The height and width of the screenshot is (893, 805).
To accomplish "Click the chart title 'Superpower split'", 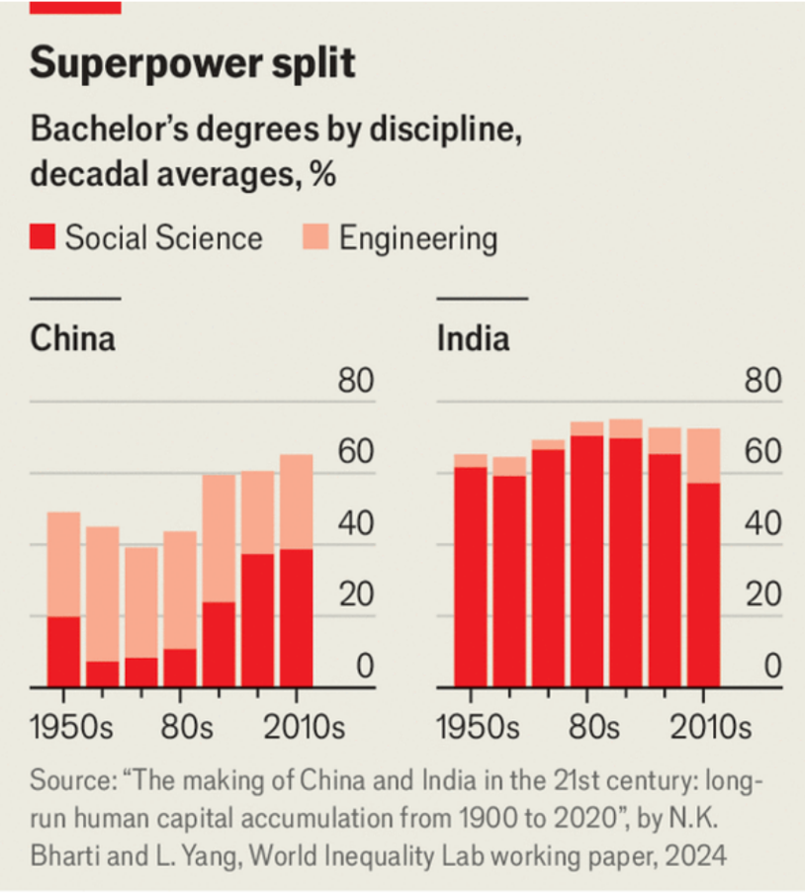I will tap(192, 63).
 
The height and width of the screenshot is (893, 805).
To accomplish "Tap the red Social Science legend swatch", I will tap(43, 238).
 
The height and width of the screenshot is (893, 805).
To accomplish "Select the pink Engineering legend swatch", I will tap(315, 238).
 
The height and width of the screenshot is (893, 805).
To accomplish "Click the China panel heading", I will tap(72, 339).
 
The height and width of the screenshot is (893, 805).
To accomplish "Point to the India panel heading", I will tap(473, 339).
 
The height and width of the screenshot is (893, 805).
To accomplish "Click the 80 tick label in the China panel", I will tap(356, 382).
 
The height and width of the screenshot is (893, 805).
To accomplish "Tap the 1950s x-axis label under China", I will tap(71, 729).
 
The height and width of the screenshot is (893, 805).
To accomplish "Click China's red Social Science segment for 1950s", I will tap(64, 651).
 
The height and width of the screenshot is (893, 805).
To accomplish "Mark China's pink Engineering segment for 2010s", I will tap(296, 501).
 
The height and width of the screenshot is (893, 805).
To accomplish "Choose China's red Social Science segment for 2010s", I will tap(296, 617).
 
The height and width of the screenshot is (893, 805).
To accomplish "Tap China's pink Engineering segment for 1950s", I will tap(64, 564).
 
